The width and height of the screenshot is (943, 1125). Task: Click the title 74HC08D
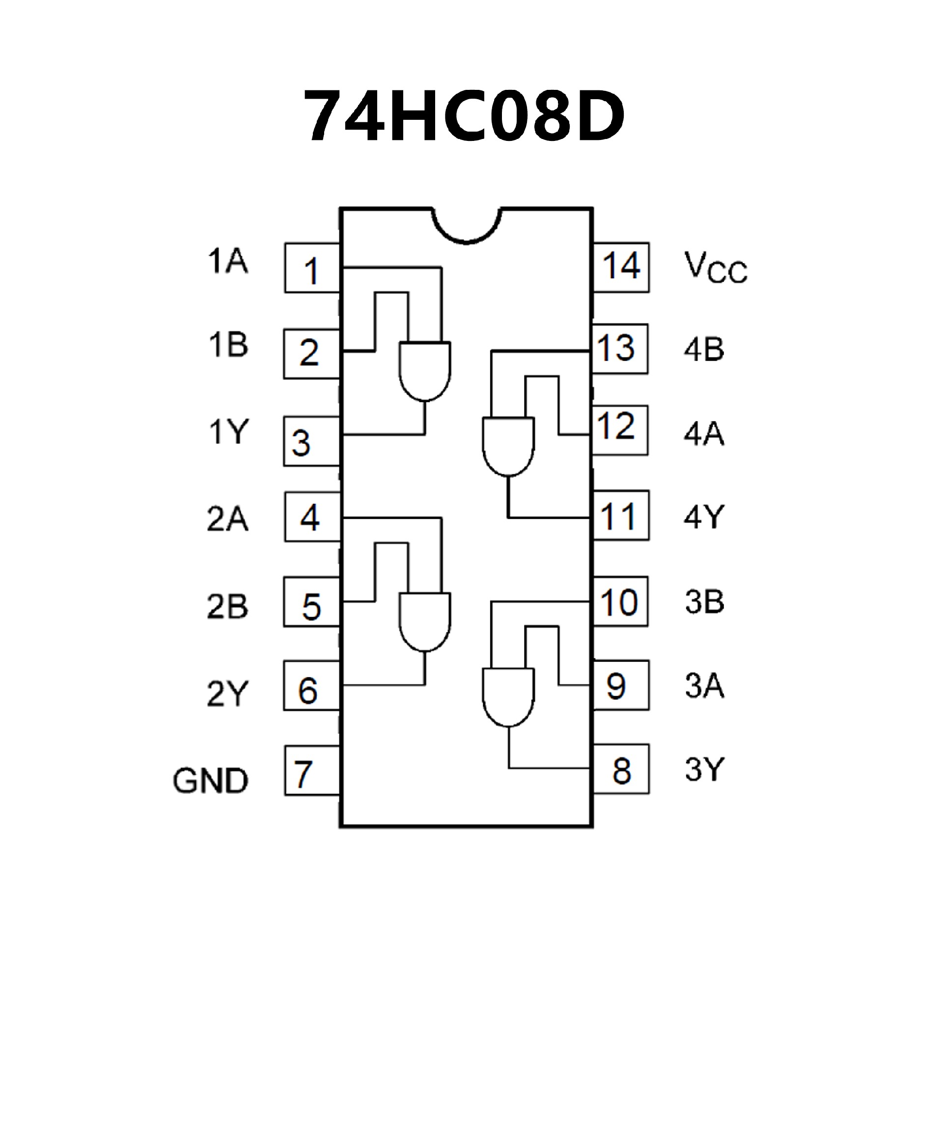(x=464, y=116)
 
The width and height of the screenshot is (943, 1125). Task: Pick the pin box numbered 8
(x=621, y=769)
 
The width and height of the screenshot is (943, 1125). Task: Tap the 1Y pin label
(x=228, y=432)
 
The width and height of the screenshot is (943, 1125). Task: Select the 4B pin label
(x=703, y=349)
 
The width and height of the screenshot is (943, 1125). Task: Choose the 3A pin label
(x=704, y=686)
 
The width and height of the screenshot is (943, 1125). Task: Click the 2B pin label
(x=227, y=606)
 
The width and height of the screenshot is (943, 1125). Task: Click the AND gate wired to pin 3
(x=425, y=371)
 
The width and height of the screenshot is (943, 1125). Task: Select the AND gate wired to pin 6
(x=425, y=622)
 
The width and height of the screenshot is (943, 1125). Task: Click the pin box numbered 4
(x=312, y=518)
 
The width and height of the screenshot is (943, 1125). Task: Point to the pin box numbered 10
(x=620, y=602)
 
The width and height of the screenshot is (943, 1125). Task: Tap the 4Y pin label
(x=703, y=518)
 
